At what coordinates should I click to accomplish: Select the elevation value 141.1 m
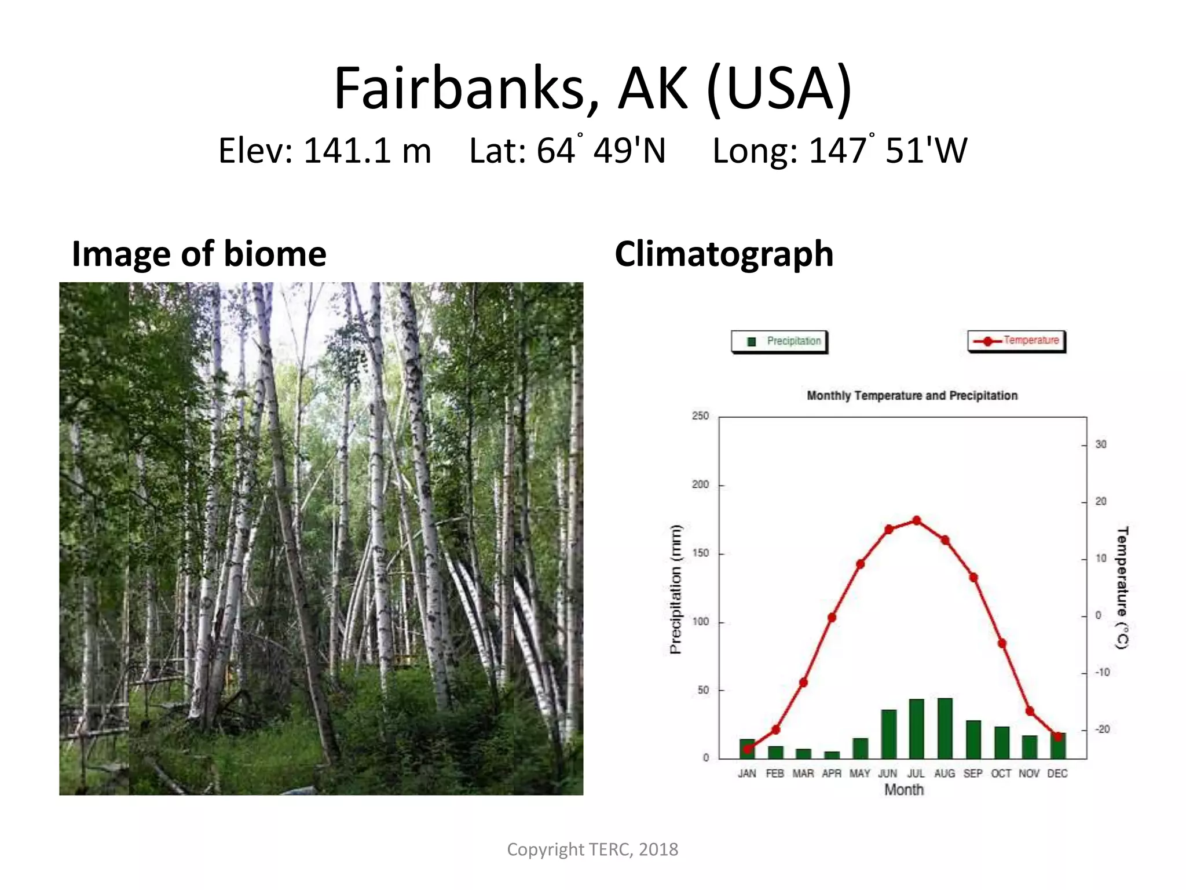point(367,151)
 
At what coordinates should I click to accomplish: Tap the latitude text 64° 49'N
point(568,151)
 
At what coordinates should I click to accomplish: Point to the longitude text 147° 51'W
point(840,151)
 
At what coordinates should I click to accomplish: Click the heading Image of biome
point(199,254)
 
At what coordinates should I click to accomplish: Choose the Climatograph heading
point(724,254)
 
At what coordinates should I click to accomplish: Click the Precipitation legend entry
point(779,341)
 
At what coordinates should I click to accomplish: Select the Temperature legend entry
point(1017,341)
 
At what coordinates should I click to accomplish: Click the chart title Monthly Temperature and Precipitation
point(912,396)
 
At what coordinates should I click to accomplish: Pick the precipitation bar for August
point(945,728)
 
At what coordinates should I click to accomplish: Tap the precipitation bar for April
point(832,754)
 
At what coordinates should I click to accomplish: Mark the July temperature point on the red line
point(916,520)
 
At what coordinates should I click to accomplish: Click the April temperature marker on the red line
point(832,617)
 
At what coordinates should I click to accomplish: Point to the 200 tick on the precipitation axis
point(700,484)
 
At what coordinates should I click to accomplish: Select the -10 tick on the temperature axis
point(1102,672)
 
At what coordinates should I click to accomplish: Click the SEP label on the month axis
point(972,774)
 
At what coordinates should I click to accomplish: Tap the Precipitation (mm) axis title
point(676,589)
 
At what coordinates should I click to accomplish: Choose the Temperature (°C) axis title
point(1122,588)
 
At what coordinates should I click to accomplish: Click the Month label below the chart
point(903,790)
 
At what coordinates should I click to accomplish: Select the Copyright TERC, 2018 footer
point(592,849)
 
